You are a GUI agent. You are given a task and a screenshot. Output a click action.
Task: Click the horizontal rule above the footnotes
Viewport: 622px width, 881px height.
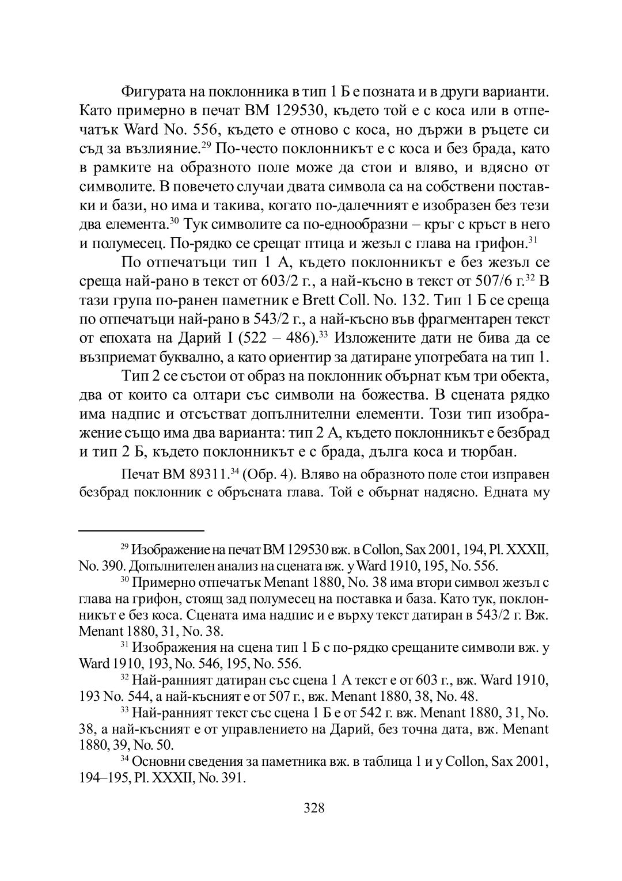141,529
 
